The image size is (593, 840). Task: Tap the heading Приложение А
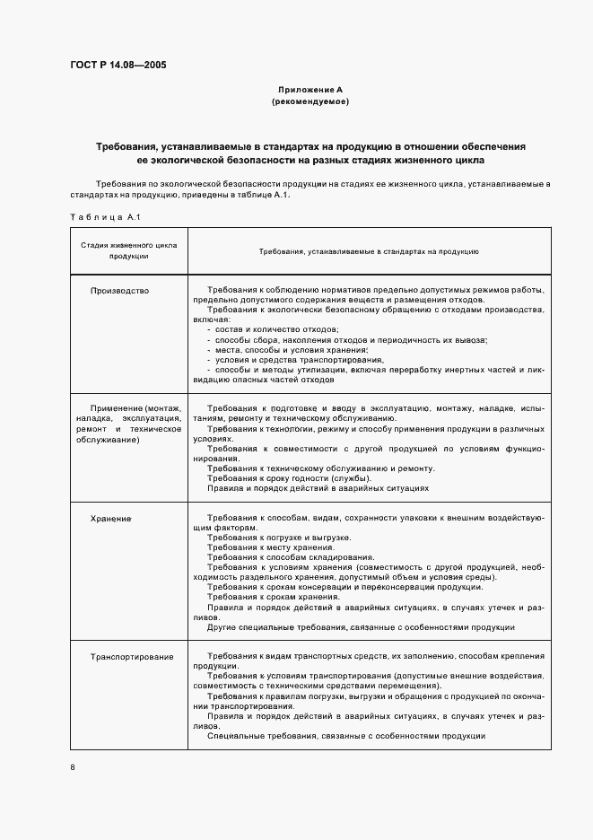pos(310,90)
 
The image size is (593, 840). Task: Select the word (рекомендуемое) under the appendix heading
pos(310,102)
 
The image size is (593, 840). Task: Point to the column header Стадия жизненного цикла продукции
pos(129,249)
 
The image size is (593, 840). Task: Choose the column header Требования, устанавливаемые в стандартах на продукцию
pos(369,251)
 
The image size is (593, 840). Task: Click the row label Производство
pos(120,291)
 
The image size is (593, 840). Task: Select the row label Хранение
pos(111,519)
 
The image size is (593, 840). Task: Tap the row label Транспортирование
pos(132,657)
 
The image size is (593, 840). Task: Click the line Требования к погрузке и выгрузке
pos(278,538)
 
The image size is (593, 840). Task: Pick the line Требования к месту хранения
pos(270,547)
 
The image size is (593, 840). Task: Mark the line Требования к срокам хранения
pos(274,597)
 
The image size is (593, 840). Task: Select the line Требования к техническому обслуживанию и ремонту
pos(320,468)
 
